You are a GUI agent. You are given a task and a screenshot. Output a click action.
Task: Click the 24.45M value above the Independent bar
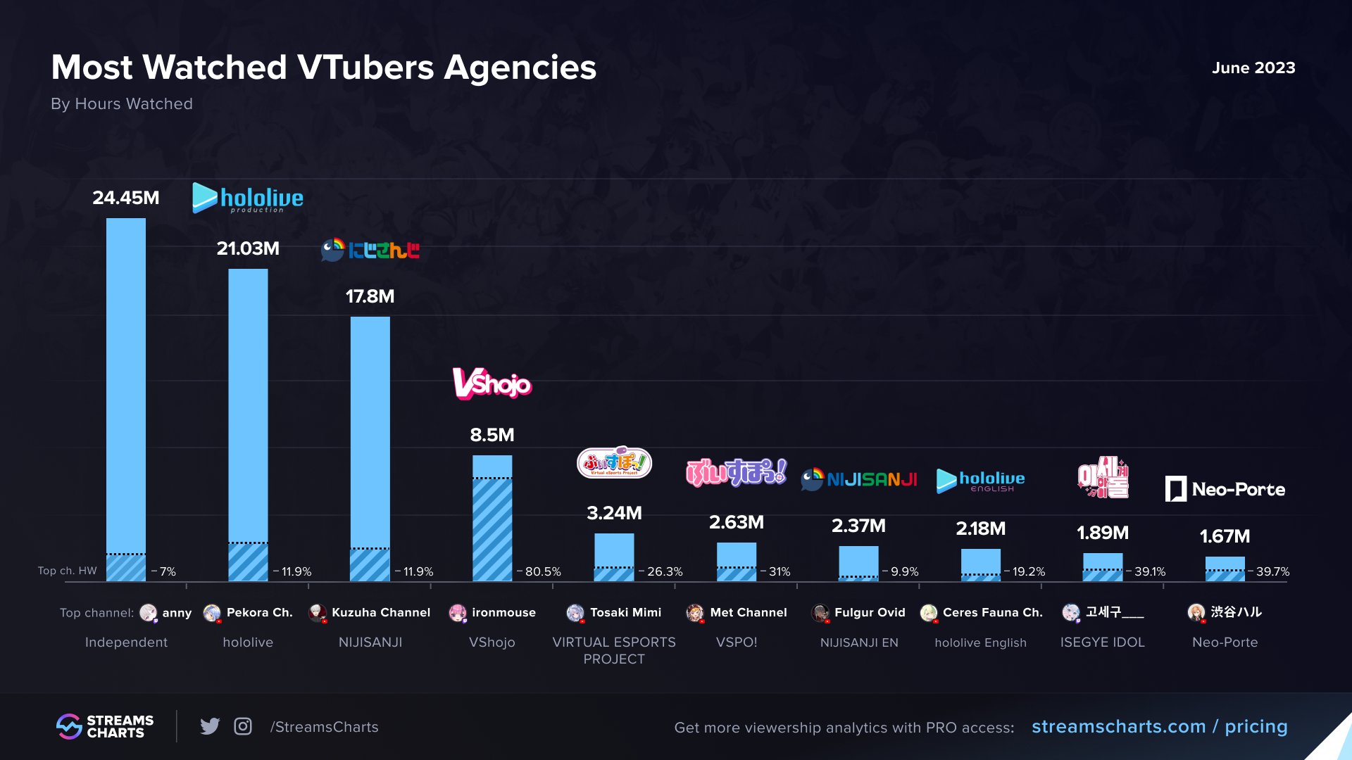(x=126, y=198)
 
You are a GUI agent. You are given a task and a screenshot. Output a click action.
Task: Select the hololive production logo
(x=248, y=198)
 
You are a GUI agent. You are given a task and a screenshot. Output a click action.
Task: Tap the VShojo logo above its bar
(x=492, y=384)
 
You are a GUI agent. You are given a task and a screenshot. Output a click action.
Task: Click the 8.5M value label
(x=492, y=435)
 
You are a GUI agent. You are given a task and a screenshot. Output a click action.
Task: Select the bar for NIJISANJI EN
(x=858, y=563)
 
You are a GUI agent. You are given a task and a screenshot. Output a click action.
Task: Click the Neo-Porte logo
(x=1225, y=489)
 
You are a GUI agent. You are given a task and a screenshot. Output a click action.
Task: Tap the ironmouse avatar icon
(x=458, y=613)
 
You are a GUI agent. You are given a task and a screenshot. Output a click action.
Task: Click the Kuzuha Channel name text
(x=381, y=612)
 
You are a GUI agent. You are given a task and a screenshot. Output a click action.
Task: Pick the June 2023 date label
(x=1253, y=68)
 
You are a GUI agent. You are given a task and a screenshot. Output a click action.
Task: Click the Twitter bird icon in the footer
(x=210, y=726)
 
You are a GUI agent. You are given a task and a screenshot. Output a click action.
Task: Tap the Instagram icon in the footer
(x=243, y=726)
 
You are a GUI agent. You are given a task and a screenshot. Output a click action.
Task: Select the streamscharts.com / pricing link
(x=1159, y=726)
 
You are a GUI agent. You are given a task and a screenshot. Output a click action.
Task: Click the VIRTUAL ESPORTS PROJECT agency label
(x=614, y=650)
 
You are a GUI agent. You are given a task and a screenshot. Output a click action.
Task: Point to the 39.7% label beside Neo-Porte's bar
(x=1272, y=571)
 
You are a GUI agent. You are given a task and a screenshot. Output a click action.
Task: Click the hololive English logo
(x=980, y=481)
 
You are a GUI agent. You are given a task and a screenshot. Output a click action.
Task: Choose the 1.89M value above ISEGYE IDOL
(x=1102, y=533)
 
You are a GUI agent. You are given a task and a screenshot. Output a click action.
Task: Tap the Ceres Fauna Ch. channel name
(x=992, y=612)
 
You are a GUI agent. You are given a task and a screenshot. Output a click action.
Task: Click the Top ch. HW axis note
(x=68, y=571)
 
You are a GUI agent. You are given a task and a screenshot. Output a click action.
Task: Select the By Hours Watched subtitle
(x=122, y=103)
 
